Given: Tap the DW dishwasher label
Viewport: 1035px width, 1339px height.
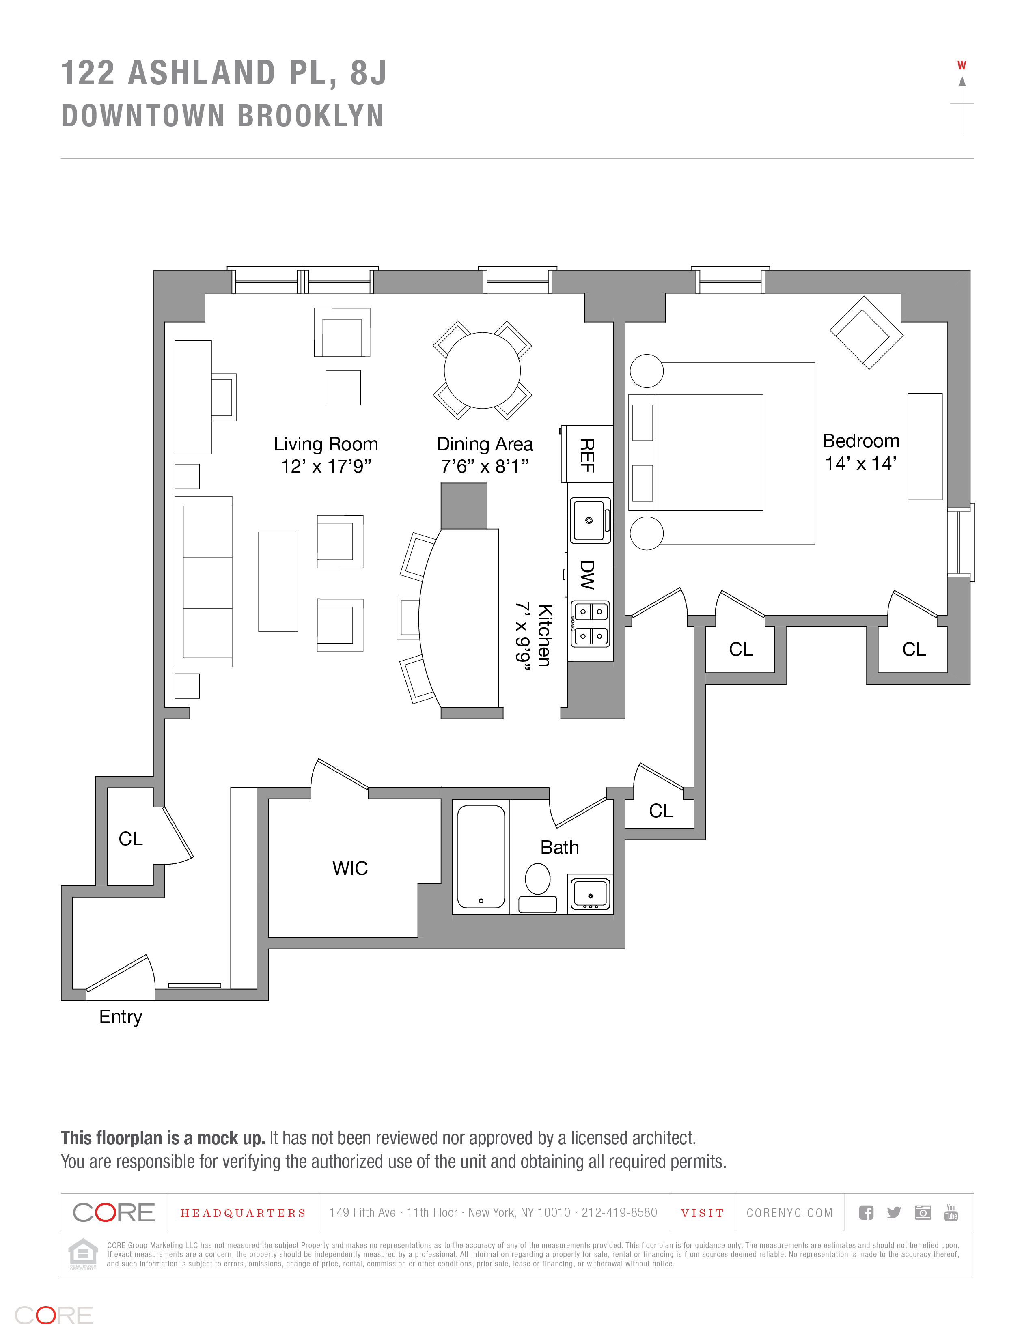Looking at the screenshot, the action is point(587,575).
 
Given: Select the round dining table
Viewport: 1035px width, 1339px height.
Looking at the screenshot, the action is point(482,370).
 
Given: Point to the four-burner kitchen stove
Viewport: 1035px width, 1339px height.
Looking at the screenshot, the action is point(591,624).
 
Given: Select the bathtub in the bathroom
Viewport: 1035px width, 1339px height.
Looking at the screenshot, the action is point(481,857).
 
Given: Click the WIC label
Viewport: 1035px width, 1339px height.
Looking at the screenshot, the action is point(350,868).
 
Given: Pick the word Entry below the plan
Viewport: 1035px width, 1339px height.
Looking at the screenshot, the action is point(121,1016).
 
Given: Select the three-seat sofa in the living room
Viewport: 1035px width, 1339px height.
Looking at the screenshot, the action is point(204,581).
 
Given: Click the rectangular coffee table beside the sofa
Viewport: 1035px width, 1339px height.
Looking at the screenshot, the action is point(278,581).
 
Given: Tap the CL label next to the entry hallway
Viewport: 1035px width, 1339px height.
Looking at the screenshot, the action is point(131,838).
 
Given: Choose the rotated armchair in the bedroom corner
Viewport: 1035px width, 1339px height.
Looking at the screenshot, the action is point(866,333).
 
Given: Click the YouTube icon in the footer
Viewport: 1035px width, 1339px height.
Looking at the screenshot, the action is point(951,1212).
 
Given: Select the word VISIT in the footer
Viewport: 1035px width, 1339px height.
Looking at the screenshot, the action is point(702,1213).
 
